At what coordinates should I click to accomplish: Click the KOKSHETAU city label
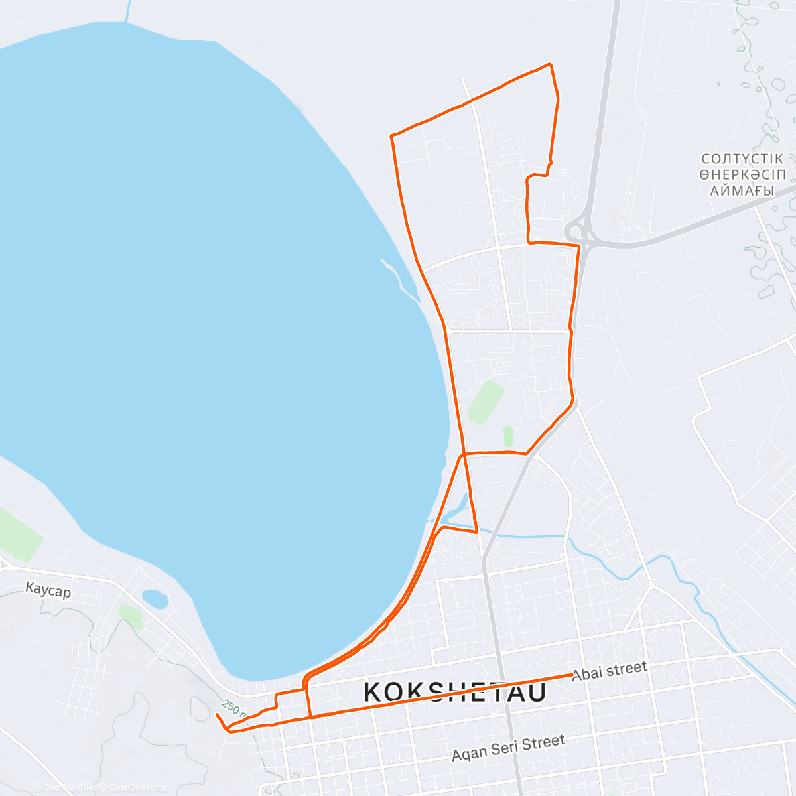[455, 693]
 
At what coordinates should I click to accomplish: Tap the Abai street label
[609, 671]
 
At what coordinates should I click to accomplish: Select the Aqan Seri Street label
[508, 747]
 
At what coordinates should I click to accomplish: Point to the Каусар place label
[48, 590]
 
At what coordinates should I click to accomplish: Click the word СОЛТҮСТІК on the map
[742, 159]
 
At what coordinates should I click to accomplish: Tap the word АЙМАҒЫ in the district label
[742, 191]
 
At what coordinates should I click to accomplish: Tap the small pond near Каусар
[155, 599]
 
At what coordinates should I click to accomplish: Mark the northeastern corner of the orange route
[550, 64]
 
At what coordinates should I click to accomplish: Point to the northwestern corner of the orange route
[392, 136]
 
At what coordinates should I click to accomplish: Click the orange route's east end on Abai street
[572, 675]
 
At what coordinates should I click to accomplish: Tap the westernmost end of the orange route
[218, 715]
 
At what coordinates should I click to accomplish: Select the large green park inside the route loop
[486, 401]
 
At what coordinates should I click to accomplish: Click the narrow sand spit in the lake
[401, 279]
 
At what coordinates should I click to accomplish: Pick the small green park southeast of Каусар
[131, 616]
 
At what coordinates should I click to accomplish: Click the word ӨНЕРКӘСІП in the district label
[742, 175]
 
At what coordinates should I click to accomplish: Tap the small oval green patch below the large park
[508, 436]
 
